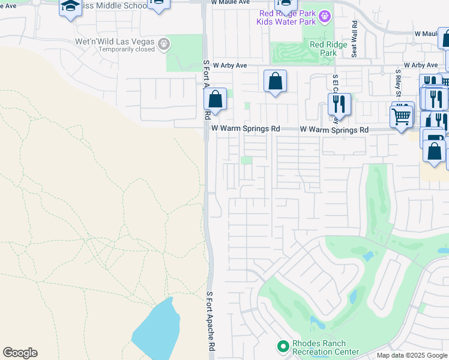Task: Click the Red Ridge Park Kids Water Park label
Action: (x=286, y=18)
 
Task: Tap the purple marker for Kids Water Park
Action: (x=324, y=16)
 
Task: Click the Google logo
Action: (x=20, y=353)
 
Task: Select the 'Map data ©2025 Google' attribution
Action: (x=412, y=355)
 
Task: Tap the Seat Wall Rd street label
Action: (x=355, y=39)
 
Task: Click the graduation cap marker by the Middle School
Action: (x=70, y=7)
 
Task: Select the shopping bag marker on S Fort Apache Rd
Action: (x=215, y=100)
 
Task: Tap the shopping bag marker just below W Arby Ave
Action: (x=275, y=80)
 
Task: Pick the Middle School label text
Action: (x=114, y=5)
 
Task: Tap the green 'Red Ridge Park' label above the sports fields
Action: (x=324, y=49)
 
